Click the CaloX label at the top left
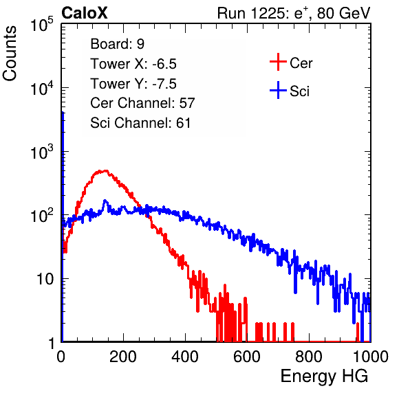pos(84,13)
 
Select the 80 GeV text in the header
pos(343,13)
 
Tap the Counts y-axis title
pos(10,54)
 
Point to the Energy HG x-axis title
pos(324,376)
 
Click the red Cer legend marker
pos(278,62)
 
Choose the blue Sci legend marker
pos(278,90)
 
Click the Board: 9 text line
pos(117,44)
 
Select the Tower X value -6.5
pos(164,64)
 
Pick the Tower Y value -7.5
pos(164,84)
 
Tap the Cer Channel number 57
pos(187,103)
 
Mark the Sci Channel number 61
pos(183,123)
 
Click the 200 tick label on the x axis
pos(123,357)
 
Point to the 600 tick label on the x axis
pos(247,357)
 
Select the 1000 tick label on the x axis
pos(371,357)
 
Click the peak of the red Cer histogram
pos(106,171)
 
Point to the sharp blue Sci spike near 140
pos(105,201)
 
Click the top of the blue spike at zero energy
pos(63,112)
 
